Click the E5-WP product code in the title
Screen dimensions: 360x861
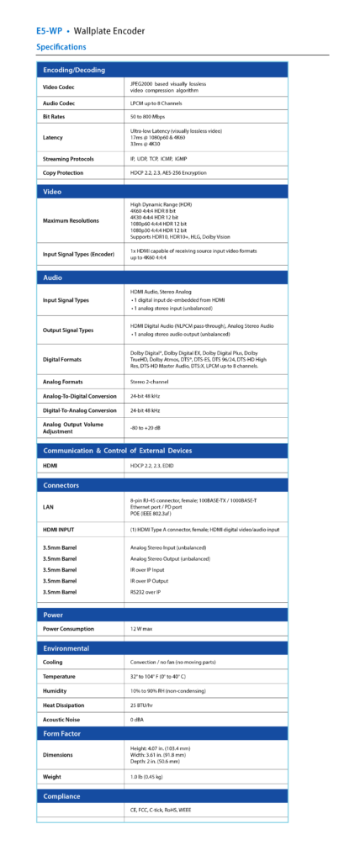[50, 31]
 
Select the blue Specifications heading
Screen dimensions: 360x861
[61, 47]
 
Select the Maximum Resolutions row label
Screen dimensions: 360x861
[71, 221]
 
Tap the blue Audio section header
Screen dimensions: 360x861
[53, 277]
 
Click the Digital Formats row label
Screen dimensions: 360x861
[61, 359]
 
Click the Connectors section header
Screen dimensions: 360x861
[61, 485]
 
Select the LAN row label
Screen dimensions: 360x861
[48, 507]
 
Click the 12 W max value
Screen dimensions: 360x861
[140, 628]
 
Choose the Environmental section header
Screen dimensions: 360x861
[66, 648]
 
